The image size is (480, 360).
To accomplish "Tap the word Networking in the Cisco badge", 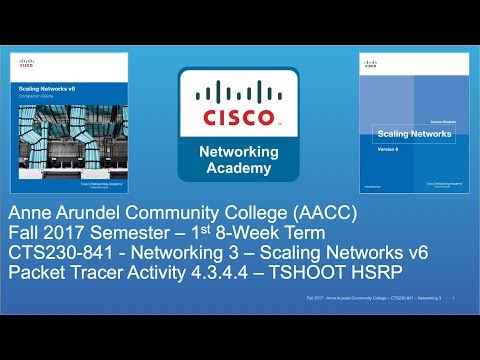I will click(239, 149).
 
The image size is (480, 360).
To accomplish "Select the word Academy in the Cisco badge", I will click(239, 167).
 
